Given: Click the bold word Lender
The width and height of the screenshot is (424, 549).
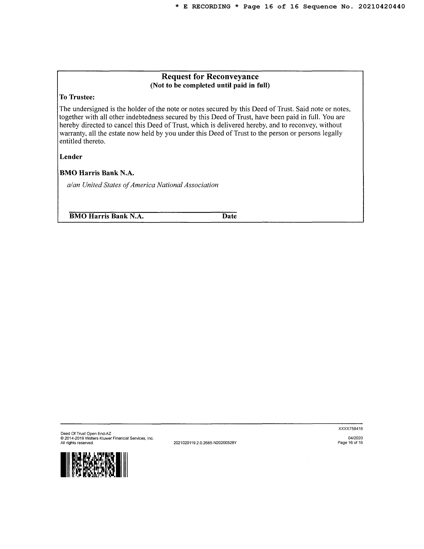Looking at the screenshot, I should coord(71,157).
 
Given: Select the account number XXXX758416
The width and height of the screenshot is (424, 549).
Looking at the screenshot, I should coord(350,429).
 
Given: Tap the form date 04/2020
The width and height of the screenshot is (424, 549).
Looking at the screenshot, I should coord(355,438).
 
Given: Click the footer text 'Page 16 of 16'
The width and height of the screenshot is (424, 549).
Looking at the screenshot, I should coord(350,443).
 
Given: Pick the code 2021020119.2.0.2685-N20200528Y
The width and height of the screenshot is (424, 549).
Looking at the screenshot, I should coord(205,443).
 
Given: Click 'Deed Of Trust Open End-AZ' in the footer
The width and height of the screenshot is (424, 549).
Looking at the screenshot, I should coord(86,433).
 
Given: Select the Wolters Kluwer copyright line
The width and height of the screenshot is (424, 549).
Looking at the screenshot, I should coord(107,438).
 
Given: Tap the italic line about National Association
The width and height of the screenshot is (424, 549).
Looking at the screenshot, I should coord(142,185).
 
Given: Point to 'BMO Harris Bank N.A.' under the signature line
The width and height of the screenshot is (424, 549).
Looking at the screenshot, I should coord(106,216).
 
